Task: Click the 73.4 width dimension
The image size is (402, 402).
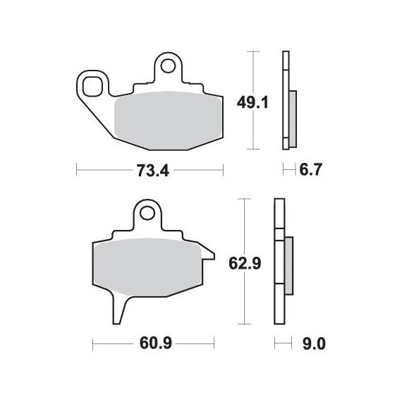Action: [153, 171]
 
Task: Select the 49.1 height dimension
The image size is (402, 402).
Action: [252, 103]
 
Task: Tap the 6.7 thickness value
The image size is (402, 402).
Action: [310, 169]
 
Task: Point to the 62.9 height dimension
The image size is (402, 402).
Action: [245, 263]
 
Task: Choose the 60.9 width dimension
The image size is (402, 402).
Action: [156, 343]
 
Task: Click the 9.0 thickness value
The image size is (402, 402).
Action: [314, 343]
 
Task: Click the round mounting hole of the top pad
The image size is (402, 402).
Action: [168, 66]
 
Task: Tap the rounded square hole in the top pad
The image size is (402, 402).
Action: [92, 87]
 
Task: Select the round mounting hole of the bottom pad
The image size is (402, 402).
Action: [147, 213]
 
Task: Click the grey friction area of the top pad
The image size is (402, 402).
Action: [168, 121]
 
